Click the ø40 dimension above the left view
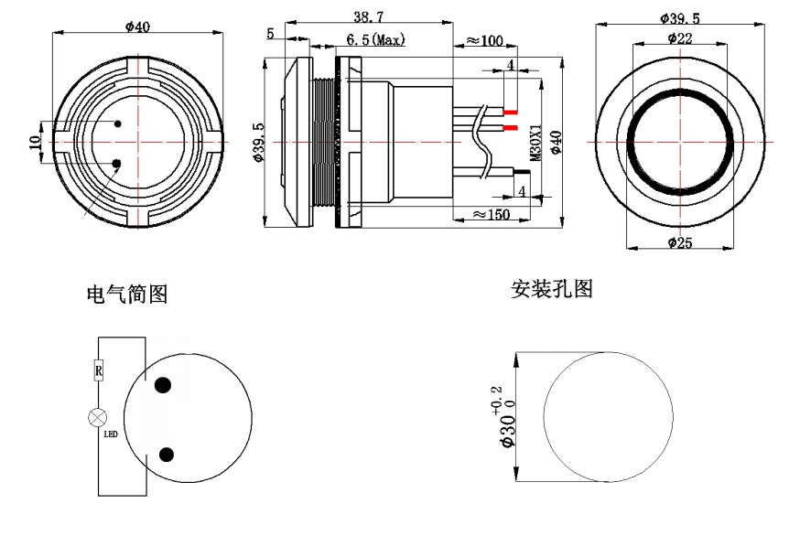tap(136, 27)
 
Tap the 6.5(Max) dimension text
tap(375, 40)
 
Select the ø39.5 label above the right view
tap(679, 18)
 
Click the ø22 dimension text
tap(679, 38)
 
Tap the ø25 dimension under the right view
tap(679, 242)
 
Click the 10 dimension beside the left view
tap(35, 143)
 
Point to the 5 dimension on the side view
tap(271, 34)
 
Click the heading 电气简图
tap(126, 294)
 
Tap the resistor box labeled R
tap(98, 370)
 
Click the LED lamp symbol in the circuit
tap(97, 417)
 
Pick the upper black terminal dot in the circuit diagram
tap(164, 385)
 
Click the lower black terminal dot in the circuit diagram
tap(167, 455)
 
